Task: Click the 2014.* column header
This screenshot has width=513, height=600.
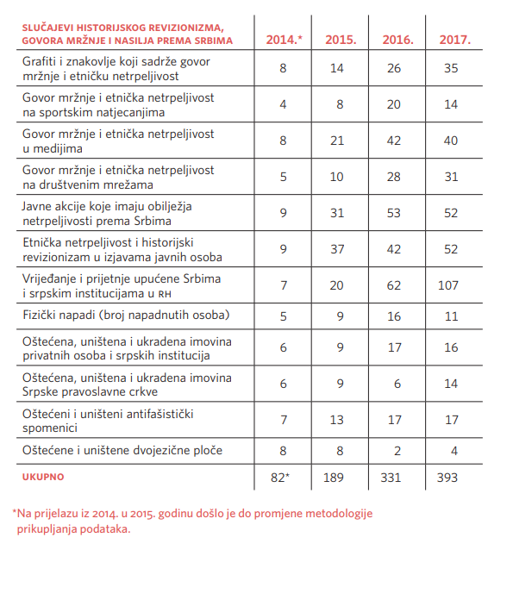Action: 284,40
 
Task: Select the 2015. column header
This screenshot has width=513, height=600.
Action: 341,40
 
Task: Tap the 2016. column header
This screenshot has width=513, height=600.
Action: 397,40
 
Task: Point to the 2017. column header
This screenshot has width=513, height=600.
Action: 454,40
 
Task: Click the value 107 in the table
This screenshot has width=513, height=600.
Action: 448,284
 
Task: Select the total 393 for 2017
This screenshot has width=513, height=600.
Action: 448,476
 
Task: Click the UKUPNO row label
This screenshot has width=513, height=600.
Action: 43,476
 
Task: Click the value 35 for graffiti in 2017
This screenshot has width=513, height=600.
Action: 448,69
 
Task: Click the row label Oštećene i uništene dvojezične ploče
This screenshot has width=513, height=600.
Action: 122,449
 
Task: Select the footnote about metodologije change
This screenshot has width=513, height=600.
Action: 191,522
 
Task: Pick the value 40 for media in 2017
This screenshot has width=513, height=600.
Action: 448,141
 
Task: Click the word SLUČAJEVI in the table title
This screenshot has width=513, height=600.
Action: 51,28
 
